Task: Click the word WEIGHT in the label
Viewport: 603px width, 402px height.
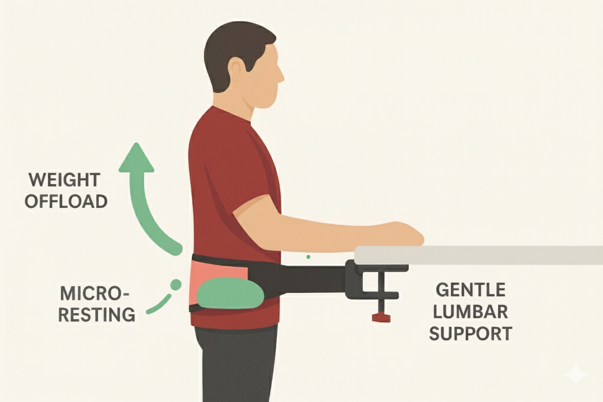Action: [x=64, y=180]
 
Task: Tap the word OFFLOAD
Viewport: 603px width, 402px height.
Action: [x=66, y=201]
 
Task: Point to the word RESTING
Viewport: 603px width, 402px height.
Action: [x=96, y=314]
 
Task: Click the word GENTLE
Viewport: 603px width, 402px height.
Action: [x=471, y=290]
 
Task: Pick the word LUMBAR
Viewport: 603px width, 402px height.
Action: [x=471, y=312]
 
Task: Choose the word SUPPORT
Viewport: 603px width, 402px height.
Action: [x=471, y=333]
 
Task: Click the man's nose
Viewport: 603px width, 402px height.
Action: [x=281, y=77]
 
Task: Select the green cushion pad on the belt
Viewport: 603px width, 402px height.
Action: [x=230, y=293]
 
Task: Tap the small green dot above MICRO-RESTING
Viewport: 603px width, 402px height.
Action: [x=176, y=285]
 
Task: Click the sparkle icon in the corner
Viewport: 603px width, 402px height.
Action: [x=576, y=375]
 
